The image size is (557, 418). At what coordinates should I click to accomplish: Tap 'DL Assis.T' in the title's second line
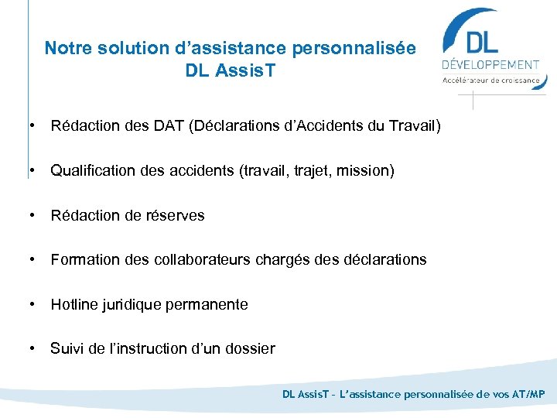tap(231, 71)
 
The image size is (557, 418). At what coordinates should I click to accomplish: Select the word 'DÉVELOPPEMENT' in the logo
tap(490, 65)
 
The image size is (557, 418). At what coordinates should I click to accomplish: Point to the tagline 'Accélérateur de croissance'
tap(490, 79)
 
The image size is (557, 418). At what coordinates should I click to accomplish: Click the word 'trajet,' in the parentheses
tap(298, 170)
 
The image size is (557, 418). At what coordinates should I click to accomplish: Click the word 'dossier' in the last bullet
tap(248, 348)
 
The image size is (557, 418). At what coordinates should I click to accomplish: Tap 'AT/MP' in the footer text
tap(528, 394)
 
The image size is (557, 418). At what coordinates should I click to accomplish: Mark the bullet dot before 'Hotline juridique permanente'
tap(31, 304)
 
